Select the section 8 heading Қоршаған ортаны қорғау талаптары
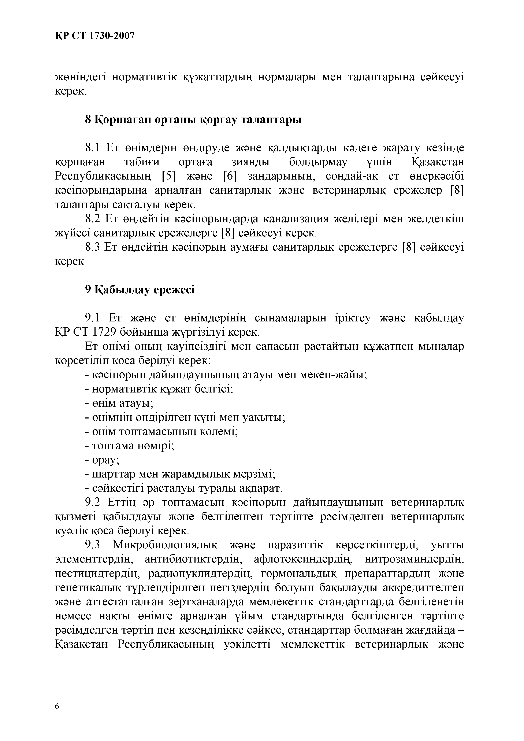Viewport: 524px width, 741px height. pyautogui.click(x=193, y=119)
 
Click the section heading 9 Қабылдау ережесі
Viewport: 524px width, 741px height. pyautogui.click(x=140, y=290)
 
